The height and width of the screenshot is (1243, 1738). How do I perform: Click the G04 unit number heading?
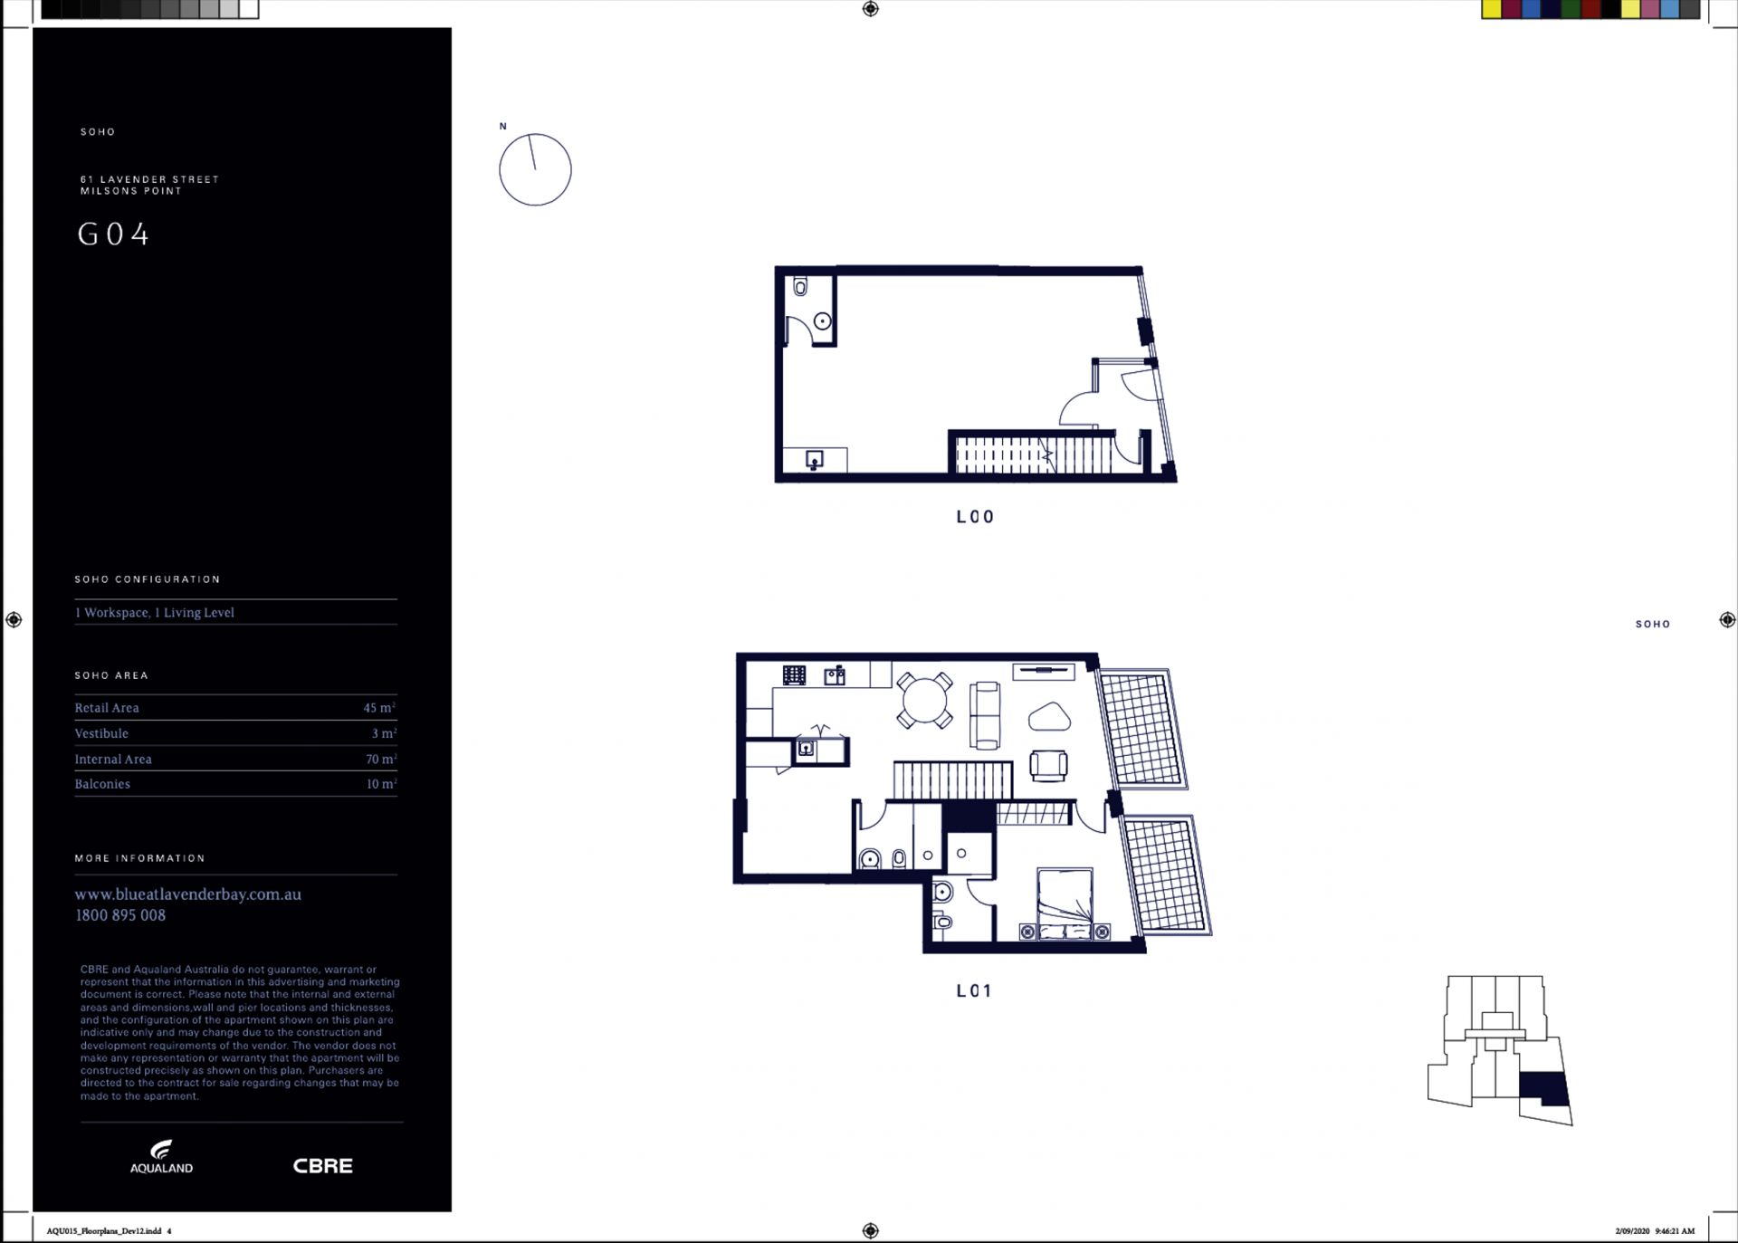tap(113, 234)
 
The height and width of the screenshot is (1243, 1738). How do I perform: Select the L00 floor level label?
tap(975, 517)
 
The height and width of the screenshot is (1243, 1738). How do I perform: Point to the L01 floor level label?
tap(974, 990)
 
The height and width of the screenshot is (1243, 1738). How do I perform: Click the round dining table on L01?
tap(924, 701)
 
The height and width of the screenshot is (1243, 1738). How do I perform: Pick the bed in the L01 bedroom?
tap(1065, 904)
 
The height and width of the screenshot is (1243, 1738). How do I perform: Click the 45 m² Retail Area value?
tap(379, 707)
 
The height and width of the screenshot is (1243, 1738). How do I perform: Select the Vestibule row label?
tap(101, 733)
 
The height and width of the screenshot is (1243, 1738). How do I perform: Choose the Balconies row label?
tap(102, 784)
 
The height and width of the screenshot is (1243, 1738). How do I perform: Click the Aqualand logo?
tap(161, 1157)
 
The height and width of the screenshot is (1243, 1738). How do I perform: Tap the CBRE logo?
tap(322, 1166)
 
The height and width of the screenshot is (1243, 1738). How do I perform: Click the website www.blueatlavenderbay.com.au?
tap(187, 894)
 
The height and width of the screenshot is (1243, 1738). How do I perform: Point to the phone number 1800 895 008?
tap(120, 915)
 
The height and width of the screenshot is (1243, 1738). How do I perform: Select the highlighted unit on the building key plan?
tap(1542, 1088)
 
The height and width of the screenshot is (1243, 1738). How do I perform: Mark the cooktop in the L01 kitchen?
tap(794, 675)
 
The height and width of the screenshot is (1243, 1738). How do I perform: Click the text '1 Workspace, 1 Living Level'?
tap(154, 613)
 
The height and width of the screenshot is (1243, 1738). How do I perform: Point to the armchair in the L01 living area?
tap(1048, 765)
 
